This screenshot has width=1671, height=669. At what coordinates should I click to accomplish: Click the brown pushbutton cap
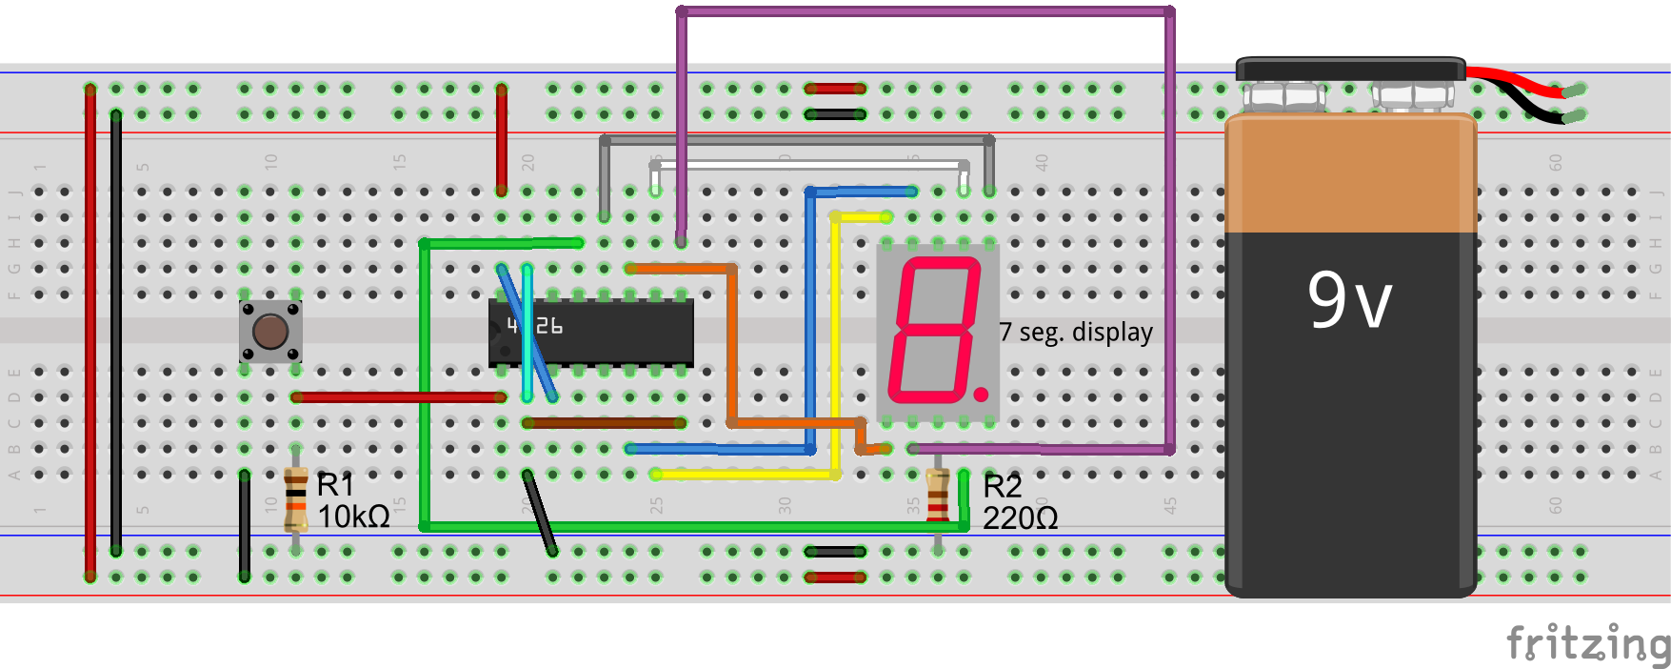(270, 331)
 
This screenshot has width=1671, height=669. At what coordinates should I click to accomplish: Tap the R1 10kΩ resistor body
(296, 498)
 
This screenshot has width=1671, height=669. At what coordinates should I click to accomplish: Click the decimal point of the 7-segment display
(982, 393)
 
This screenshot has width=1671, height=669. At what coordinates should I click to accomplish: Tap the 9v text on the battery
(1349, 299)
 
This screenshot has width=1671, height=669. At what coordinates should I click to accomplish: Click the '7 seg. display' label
(1076, 332)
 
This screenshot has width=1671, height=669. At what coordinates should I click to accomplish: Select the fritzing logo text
(1587, 643)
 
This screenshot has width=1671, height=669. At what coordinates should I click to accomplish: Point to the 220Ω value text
(1021, 518)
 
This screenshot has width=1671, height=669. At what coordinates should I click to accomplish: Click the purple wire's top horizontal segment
(924, 12)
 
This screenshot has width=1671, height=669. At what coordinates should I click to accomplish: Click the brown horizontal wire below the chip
(604, 422)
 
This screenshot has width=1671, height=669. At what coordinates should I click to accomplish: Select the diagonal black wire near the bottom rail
(539, 513)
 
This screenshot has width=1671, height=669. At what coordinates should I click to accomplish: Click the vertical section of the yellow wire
(835, 343)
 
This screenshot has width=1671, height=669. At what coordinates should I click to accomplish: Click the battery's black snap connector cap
(1349, 70)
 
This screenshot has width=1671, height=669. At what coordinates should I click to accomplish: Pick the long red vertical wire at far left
(90, 334)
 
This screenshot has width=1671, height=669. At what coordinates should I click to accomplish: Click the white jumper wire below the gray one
(809, 166)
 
